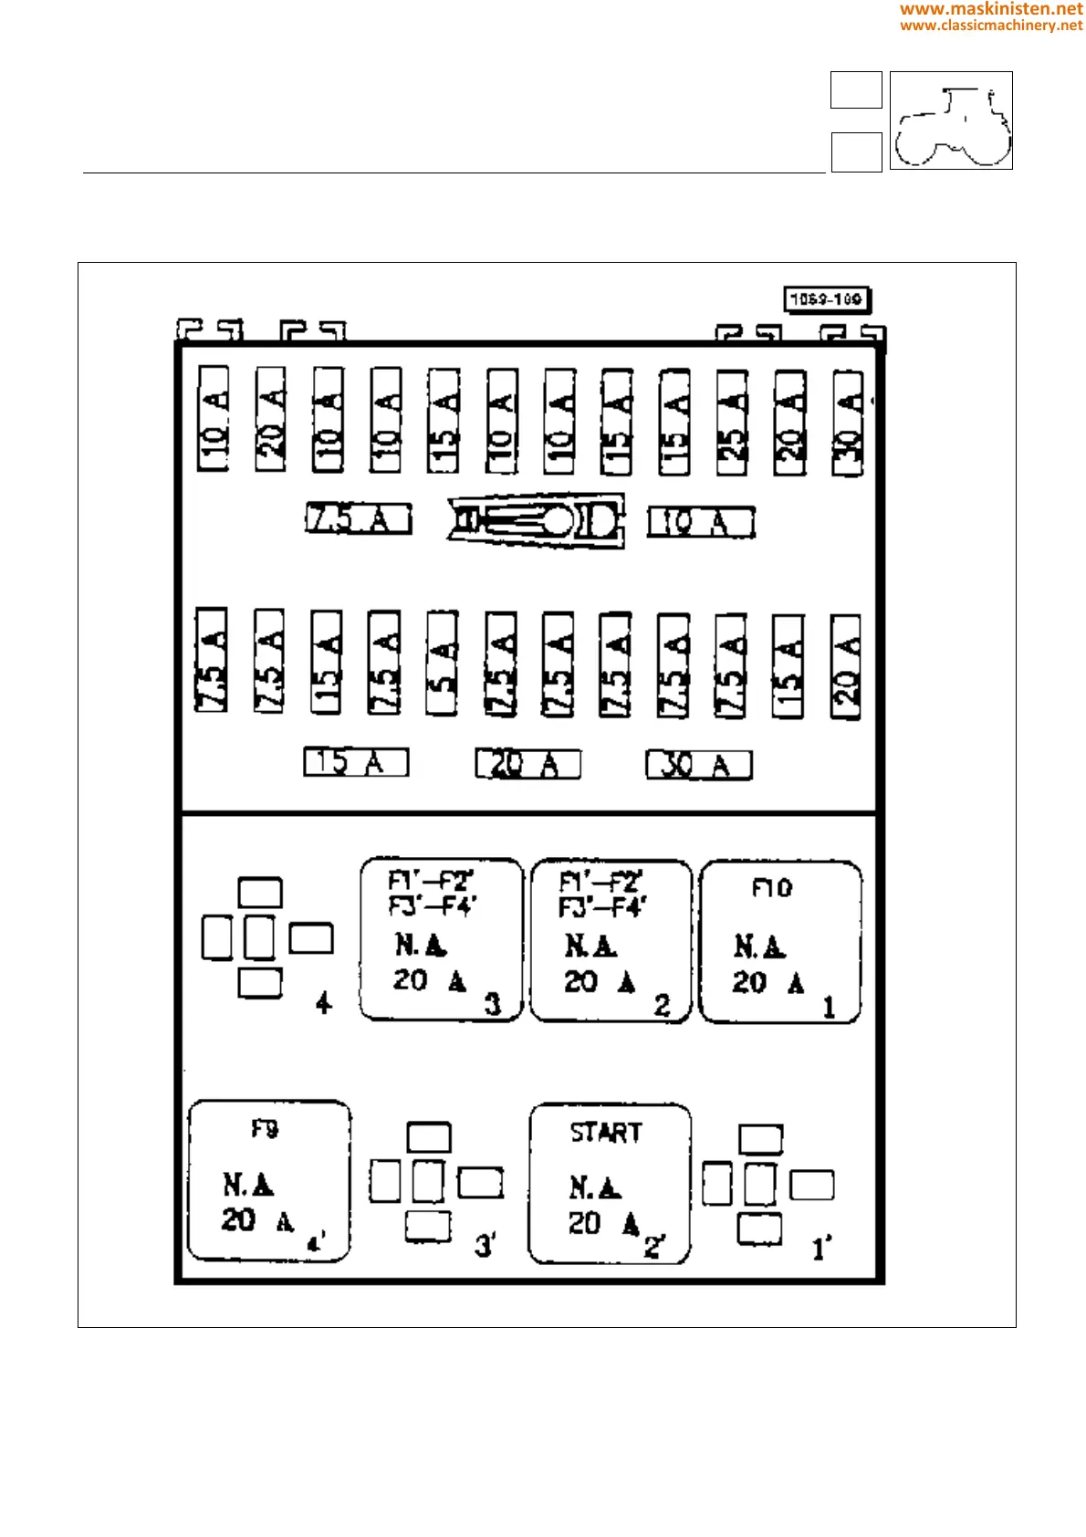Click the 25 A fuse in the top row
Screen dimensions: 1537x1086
(x=732, y=422)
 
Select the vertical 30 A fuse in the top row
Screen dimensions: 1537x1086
(x=848, y=422)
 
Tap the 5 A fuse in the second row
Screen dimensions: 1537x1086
(x=443, y=663)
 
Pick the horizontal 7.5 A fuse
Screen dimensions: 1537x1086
(x=358, y=518)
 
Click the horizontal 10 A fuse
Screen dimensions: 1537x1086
(x=701, y=522)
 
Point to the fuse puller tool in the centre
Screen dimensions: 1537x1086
(x=537, y=520)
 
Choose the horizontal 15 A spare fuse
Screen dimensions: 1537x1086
(x=356, y=762)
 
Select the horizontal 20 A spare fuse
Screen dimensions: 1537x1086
(x=527, y=764)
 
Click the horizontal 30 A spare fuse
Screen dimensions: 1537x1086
(x=699, y=765)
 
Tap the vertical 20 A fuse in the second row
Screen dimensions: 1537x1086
(x=846, y=667)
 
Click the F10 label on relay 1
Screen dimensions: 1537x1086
(x=772, y=888)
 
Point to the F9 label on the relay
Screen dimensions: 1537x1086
(x=265, y=1129)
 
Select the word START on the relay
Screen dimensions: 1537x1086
(x=606, y=1133)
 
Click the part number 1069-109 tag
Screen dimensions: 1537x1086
(x=827, y=299)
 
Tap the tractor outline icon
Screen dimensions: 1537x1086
(x=951, y=120)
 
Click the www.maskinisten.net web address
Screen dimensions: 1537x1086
(x=991, y=9)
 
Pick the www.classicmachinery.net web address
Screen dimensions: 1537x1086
(x=991, y=26)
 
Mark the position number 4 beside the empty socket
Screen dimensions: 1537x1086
(x=323, y=1003)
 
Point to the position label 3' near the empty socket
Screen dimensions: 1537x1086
(x=485, y=1245)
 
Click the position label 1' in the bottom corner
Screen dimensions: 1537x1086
(x=821, y=1249)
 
